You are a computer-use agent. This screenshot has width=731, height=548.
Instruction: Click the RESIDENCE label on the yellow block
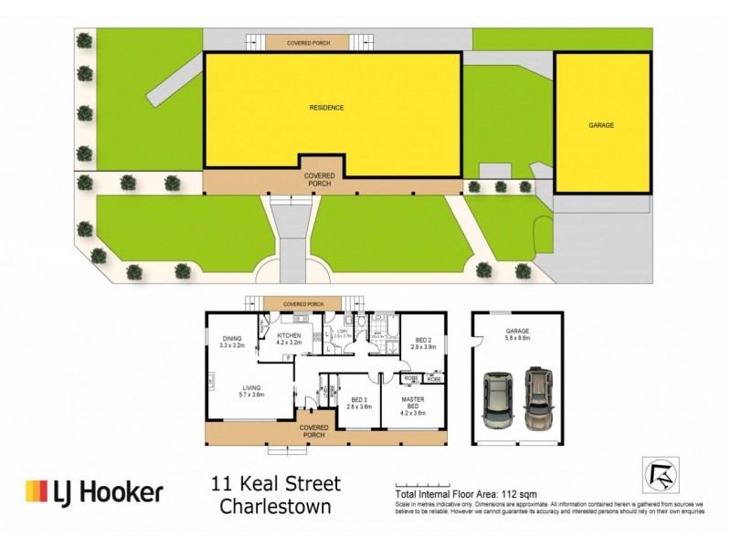326,107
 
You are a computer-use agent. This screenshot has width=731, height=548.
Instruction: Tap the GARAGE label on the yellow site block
600,124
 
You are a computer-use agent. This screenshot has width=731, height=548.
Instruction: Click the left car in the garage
499,399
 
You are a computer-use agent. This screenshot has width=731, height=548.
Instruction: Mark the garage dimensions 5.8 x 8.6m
518,341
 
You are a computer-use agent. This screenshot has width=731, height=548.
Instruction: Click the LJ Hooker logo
94,492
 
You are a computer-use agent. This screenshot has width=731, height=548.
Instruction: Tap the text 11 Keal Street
276,483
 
